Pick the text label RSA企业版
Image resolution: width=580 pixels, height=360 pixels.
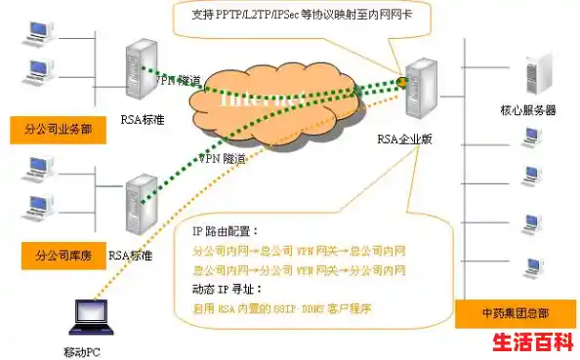(x=404, y=140)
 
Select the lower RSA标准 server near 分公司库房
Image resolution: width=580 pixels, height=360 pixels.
(x=140, y=202)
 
